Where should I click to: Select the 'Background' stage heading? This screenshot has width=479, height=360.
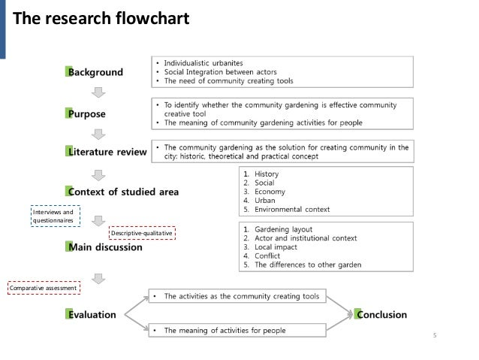pos(95,72)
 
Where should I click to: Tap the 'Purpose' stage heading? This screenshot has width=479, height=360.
pos(86,114)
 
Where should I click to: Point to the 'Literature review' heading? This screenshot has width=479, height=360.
pos(106,153)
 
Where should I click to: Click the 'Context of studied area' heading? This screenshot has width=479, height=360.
pos(122,192)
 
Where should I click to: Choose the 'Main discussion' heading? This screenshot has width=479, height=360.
pos(104,247)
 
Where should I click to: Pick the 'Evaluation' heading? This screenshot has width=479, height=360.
pos(91,315)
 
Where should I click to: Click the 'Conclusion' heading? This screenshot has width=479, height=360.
pos(381,315)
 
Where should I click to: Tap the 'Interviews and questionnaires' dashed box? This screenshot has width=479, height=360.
pos(53,216)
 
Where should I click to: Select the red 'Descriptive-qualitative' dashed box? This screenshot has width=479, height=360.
pos(143,233)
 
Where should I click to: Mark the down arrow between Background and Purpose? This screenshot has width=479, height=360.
pos(98,93)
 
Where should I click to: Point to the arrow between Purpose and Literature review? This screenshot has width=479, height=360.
pos(98,134)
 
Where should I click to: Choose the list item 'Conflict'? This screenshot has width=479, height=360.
pos(272,256)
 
